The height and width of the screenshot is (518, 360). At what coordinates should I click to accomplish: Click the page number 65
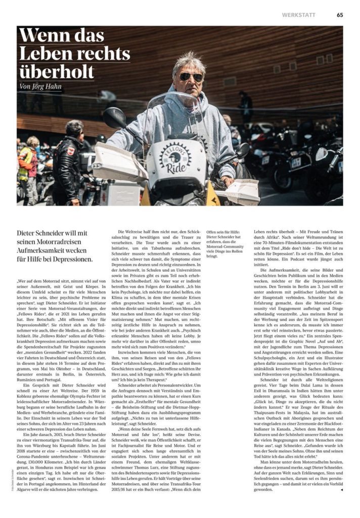(x=340, y=15)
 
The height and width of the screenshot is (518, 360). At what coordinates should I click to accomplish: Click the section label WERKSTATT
(x=299, y=15)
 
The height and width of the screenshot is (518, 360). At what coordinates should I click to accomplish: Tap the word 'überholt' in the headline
(x=56, y=71)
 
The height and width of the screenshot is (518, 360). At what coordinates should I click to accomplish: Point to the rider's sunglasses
(x=191, y=77)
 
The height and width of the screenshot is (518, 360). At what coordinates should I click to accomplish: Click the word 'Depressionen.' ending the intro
(x=71, y=260)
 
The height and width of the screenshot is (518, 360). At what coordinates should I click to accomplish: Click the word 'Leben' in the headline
(x=42, y=54)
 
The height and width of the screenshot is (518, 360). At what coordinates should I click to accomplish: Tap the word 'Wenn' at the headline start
(x=40, y=36)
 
